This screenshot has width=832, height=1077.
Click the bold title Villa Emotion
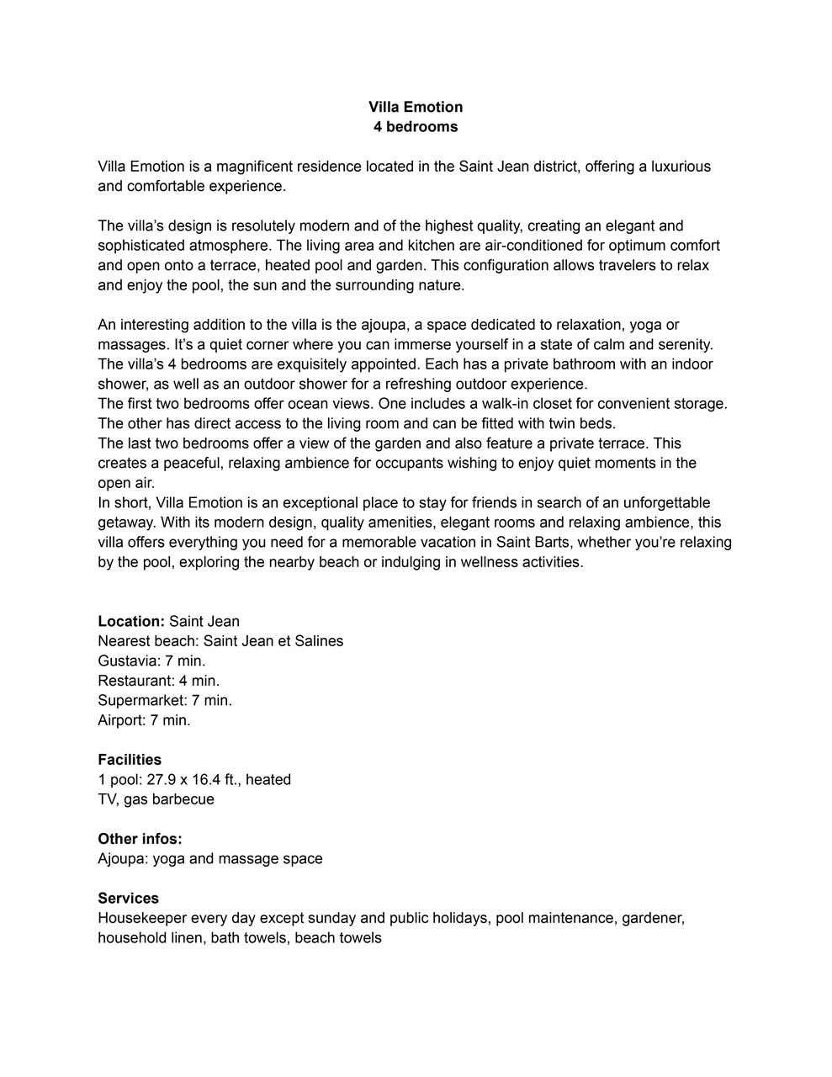(416, 107)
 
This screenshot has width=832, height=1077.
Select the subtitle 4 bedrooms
(416, 127)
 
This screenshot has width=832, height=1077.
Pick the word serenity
(683, 344)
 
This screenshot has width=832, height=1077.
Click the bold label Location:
(131, 622)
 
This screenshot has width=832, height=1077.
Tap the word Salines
(316, 641)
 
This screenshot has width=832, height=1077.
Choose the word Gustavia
(128, 661)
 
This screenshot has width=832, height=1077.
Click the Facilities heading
(130, 760)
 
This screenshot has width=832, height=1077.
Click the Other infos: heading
(140, 839)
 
